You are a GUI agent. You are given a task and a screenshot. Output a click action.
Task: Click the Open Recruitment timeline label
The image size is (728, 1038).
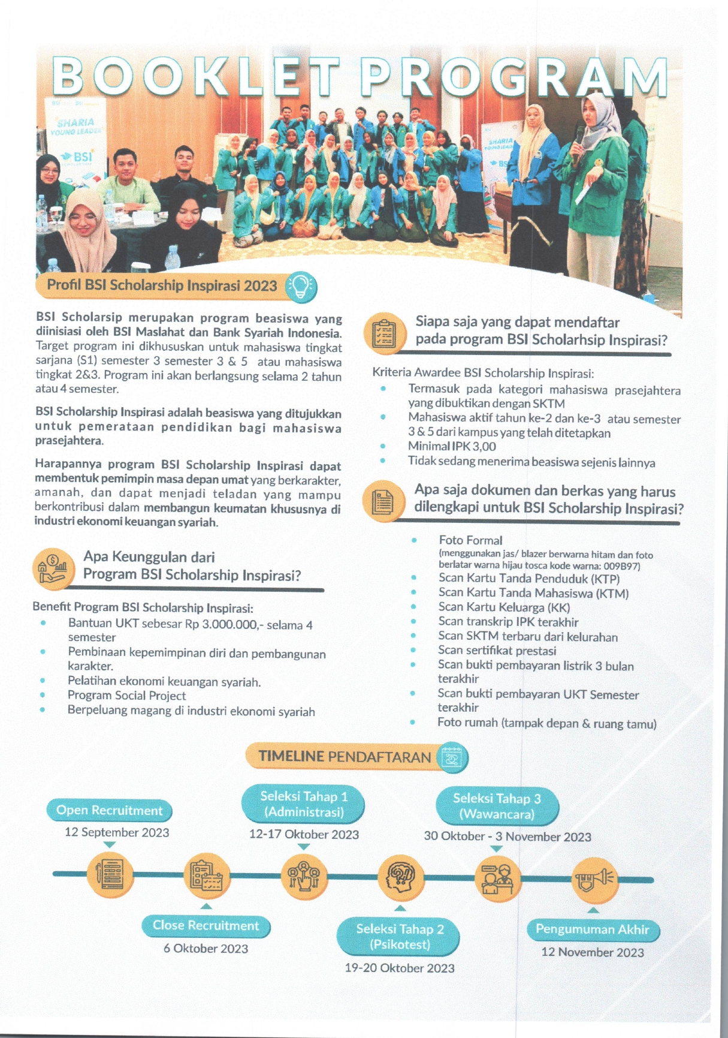[x=109, y=810]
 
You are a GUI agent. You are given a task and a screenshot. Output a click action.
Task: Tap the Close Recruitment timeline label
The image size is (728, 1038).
[x=206, y=925]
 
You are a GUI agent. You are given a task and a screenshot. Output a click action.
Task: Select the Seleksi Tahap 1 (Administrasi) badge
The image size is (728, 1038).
[x=304, y=804]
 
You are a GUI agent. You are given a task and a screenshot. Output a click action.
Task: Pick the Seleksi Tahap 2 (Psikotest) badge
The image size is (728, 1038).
[x=400, y=937]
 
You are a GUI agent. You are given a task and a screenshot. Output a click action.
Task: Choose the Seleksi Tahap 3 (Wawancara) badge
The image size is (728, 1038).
[x=497, y=807]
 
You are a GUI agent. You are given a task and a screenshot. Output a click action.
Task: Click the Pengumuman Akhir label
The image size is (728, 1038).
[x=592, y=929]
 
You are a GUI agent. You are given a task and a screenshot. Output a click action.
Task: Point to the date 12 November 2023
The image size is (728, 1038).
[x=592, y=952]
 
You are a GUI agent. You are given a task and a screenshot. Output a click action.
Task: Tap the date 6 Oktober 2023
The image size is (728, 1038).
[x=206, y=949]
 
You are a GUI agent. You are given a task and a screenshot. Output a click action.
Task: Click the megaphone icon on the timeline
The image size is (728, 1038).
[x=594, y=880]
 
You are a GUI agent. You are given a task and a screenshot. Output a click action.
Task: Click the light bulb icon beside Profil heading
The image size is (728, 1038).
[x=301, y=287]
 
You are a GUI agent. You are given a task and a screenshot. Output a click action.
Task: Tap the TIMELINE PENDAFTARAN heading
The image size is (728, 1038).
[x=345, y=757]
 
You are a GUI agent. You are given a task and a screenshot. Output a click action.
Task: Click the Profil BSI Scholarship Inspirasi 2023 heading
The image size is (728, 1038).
[x=162, y=285]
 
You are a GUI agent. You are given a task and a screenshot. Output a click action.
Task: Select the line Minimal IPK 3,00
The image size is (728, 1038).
[x=452, y=446]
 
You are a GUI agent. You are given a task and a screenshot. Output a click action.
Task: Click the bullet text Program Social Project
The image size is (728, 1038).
[x=126, y=696]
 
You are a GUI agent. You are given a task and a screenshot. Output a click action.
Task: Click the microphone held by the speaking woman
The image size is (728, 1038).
[x=579, y=137]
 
